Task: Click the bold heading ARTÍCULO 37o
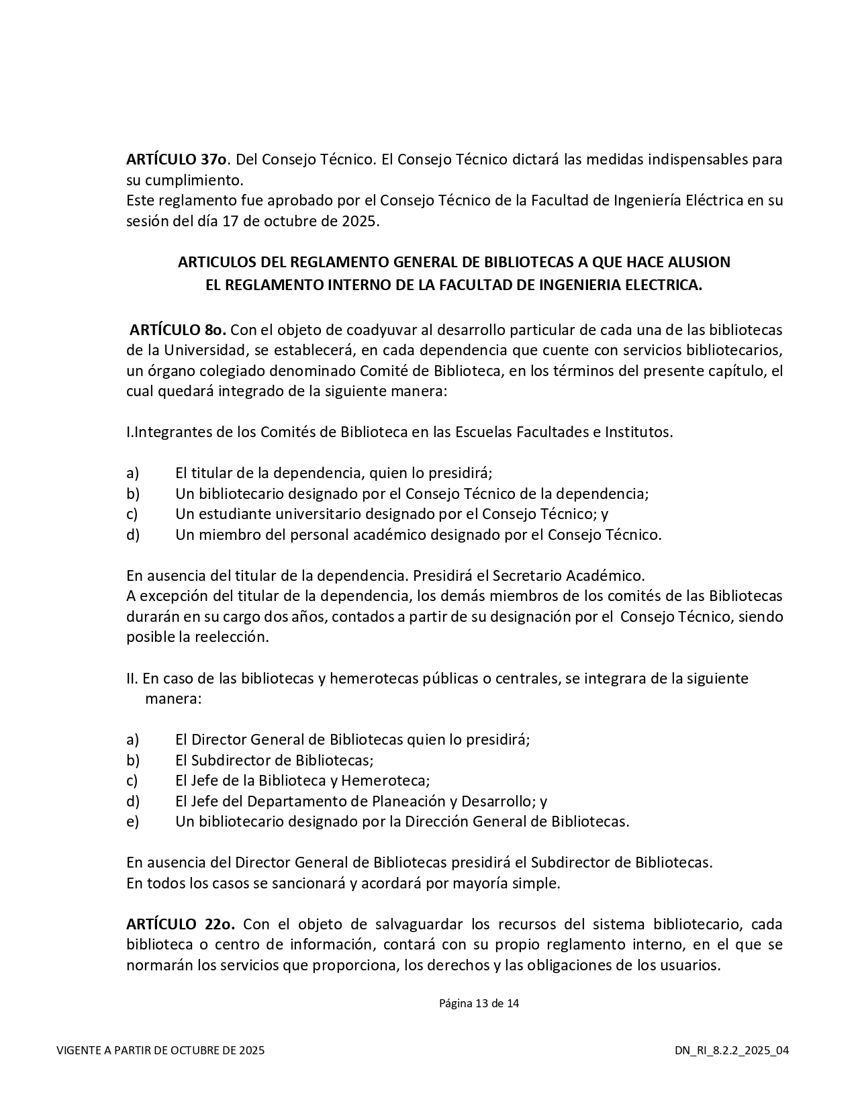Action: click(x=177, y=160)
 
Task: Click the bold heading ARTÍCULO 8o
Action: click(x=178, y=330)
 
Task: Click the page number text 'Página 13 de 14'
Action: click(x=479, y=1004)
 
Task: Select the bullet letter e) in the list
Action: click(x=132, y=821)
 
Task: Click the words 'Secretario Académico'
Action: click(x=568, y=575)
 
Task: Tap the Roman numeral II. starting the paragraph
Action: click(x=132, y=678)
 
